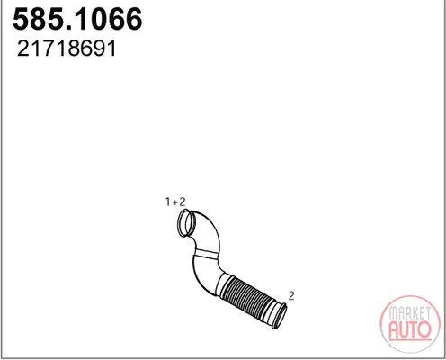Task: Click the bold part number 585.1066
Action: pos(77,19)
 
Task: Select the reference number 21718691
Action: pos(67,49)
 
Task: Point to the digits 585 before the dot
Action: pos(38,19)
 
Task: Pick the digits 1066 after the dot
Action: pos(108,19)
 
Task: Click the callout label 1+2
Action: pos(175,202)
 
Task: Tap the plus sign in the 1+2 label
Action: pos(175,202)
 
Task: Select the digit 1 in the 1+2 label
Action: pos(168,202)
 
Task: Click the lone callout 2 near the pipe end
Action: pos(291,295)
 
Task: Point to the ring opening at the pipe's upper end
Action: pos(179,222)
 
